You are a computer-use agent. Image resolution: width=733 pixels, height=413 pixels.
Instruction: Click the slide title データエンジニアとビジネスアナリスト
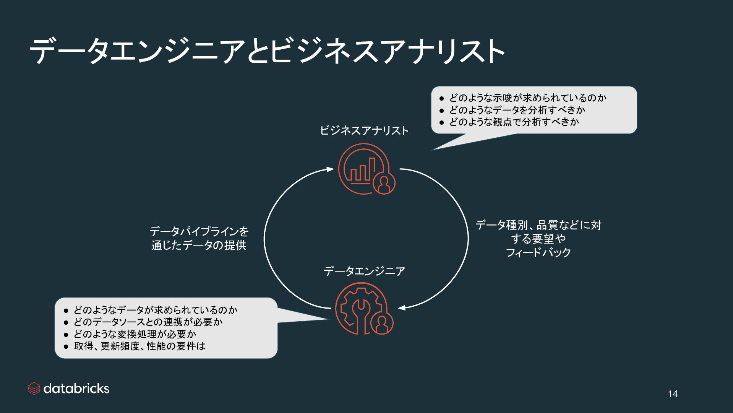click(267, 51)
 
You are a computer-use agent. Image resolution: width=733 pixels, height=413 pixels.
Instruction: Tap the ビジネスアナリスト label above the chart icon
click(364, 131)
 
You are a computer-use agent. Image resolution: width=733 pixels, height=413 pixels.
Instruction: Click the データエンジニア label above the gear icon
click(364, 271)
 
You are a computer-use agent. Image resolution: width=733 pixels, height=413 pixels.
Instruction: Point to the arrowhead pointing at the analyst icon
click(331, 169)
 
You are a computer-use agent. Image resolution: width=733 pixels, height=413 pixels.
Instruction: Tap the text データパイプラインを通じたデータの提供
click(199, 238)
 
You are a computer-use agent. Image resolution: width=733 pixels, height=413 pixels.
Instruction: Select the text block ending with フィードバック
click(538, 239)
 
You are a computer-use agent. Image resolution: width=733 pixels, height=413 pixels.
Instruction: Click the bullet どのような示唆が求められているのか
click(527, 98)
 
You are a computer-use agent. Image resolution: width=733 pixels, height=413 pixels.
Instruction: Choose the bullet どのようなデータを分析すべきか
click(517, 110)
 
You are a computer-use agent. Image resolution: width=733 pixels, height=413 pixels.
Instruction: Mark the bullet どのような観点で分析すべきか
click(514, 122)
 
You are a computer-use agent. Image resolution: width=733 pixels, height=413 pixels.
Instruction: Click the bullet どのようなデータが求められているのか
click(156, 310)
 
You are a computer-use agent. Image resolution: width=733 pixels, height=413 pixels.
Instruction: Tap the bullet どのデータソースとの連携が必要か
click(148, 322)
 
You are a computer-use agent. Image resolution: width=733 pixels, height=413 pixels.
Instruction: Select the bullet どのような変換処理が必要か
click(135, 334)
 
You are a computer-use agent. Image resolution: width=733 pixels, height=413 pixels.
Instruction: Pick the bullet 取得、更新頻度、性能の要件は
click(139, 346)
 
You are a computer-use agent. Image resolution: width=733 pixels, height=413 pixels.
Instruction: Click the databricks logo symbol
click(34, 389)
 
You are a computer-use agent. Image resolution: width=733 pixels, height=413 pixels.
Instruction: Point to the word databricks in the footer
click(76, 389)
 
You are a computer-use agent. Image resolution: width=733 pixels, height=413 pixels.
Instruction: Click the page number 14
click(673, 394)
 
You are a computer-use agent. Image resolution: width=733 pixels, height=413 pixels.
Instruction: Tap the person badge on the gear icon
click(382, 325)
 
